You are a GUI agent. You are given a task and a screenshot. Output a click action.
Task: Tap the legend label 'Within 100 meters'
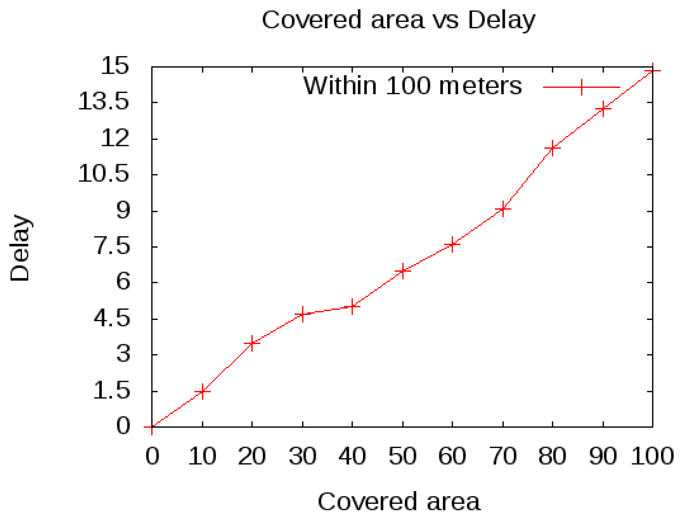tap(412, 85)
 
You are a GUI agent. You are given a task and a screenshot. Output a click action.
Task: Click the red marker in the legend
tap(582, 87)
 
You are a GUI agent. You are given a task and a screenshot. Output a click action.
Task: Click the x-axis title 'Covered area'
tap(399, 501)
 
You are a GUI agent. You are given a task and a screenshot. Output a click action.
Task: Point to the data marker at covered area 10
tap(202, 391)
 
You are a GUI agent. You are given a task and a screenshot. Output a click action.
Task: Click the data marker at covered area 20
tap(252, 343)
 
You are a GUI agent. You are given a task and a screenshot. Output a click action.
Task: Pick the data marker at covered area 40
tap(352, 306)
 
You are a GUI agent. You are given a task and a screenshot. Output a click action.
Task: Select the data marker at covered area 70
tap(503, 209)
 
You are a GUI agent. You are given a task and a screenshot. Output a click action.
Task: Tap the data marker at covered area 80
tap(553, 148)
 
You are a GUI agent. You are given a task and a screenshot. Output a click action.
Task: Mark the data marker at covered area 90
tap(603, 109)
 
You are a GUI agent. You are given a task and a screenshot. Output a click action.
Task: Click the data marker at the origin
tap(152, 427)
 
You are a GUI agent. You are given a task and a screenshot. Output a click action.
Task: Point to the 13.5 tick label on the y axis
tap(104, 102)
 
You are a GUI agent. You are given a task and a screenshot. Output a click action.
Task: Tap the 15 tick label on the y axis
tap(115, 65)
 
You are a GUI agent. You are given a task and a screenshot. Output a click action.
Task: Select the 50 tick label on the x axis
tap(402, 456)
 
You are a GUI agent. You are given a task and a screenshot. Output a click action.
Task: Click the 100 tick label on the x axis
tap(652, 456)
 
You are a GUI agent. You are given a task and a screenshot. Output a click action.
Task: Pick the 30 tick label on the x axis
tap(302, 456)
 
